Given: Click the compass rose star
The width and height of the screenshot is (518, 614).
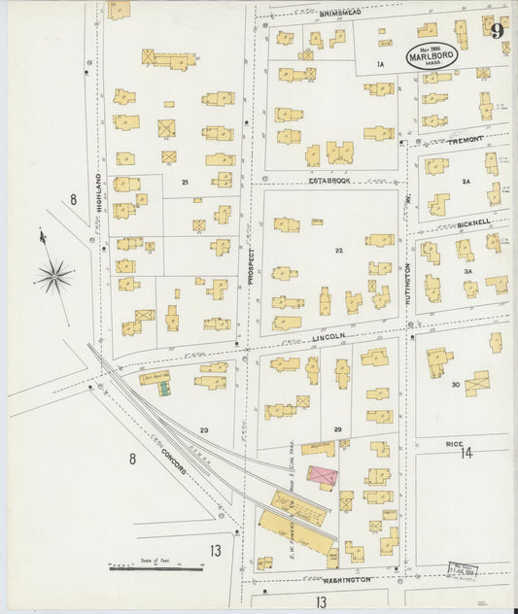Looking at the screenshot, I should pos(54,276).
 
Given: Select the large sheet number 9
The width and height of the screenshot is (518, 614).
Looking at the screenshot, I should pos(497,30).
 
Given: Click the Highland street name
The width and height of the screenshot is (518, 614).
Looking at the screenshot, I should pos(99,189).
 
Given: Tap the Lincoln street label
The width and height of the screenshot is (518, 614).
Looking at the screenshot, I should pos(328,336).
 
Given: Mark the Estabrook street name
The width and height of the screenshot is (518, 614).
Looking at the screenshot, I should pos(328,180).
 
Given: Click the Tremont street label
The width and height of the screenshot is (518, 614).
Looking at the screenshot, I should pos(466,141).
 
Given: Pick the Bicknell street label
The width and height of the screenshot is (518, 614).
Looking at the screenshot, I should pos(472,222).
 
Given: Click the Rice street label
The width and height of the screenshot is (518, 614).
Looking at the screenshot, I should pos(454,444).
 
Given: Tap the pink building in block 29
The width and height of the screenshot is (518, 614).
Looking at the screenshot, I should pos(323,477).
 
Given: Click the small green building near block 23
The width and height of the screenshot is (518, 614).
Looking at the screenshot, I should pos(164,389).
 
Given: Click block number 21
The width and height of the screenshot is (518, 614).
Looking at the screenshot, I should pos(183,182).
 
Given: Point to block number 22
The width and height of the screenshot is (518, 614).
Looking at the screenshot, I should pos(338,251).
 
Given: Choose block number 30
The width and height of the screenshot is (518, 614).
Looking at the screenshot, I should pos(455,385).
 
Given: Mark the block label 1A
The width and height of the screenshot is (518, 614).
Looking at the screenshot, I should pos(382,64).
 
